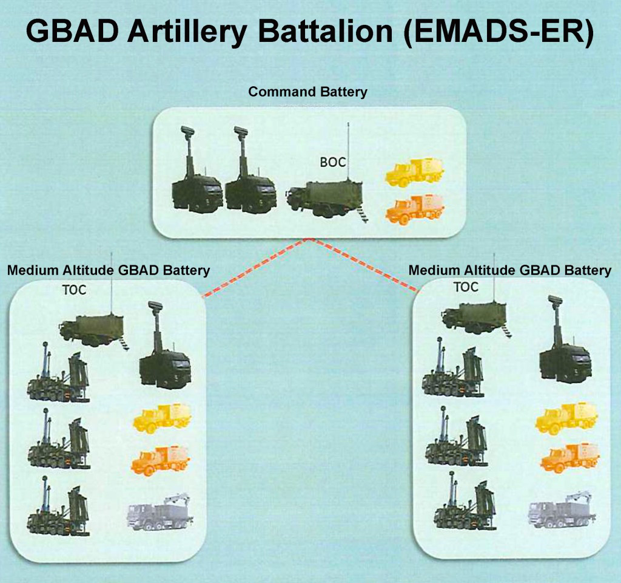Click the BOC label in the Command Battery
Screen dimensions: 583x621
click(x=333, y=162)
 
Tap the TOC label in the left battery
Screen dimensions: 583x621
click(x=74, y=290)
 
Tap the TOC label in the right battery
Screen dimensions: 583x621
click(x=466, y=287)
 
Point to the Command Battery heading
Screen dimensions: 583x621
click(x=308, y=92)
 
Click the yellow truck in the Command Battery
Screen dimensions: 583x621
click(x=415, y=171)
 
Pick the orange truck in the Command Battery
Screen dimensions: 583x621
click(x=415, y=208)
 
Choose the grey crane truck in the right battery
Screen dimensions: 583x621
click(x=562, y=510)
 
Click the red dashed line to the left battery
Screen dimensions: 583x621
click(x=255, y=268)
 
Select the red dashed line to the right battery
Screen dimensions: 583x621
click(x=364, y=265)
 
